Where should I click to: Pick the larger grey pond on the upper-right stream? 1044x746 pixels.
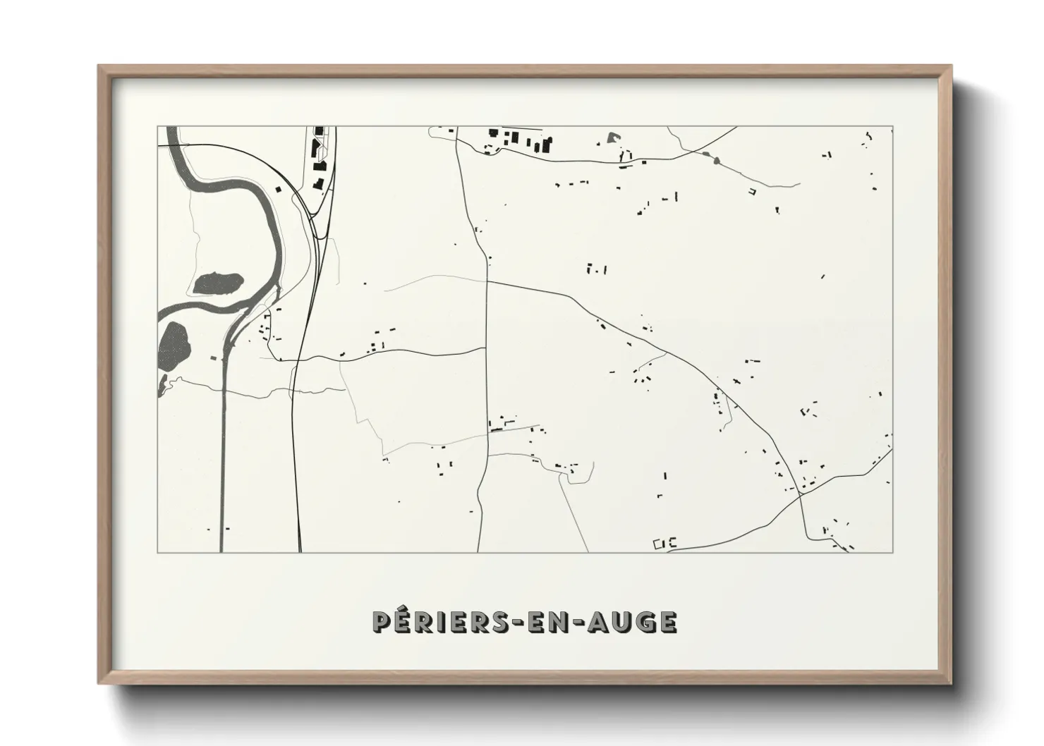[718, 161]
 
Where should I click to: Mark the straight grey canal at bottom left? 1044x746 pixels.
[222, 458]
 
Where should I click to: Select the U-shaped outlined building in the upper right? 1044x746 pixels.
[752, 190]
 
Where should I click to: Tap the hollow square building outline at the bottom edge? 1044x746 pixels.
[660, 543]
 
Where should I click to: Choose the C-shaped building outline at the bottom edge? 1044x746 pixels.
[672, 543]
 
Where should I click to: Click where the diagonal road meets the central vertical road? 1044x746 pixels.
[487, 281]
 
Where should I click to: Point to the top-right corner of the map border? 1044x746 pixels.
[892, 127]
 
